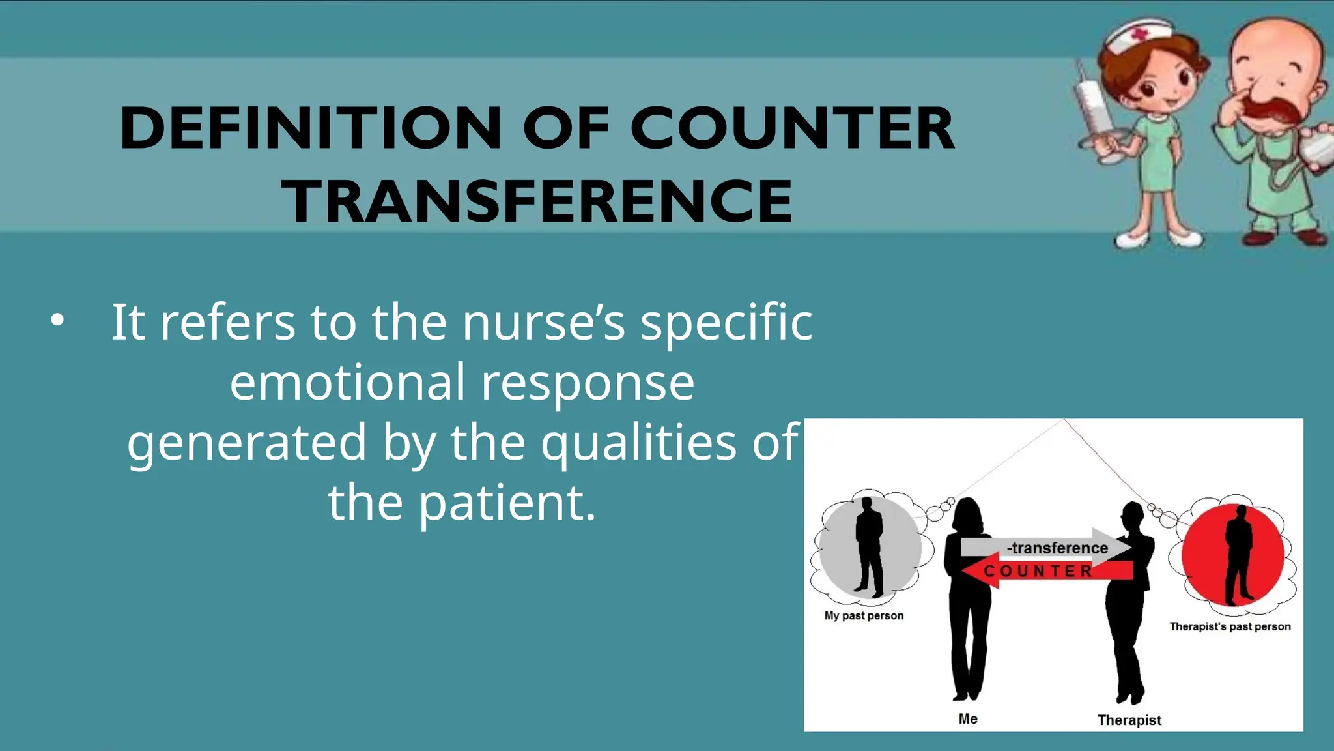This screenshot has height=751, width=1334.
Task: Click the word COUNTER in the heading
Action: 791,128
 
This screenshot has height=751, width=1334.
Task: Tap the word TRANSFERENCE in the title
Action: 537,201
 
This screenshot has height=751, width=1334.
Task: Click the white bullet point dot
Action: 58,320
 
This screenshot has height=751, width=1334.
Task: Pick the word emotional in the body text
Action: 347,382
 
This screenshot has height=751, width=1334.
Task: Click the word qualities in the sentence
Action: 638,443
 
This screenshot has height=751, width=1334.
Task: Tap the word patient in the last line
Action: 507,503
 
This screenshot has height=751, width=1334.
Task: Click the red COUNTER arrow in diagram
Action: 1042,571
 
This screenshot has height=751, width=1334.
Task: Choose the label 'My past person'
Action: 864,615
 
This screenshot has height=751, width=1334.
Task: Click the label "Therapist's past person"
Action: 1230,626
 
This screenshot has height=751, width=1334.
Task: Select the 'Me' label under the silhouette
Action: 968,718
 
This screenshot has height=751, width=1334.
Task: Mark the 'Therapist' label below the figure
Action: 1129,720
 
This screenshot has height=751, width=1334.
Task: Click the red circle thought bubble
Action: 1232,554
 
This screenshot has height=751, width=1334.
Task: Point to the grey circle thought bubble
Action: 870,548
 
